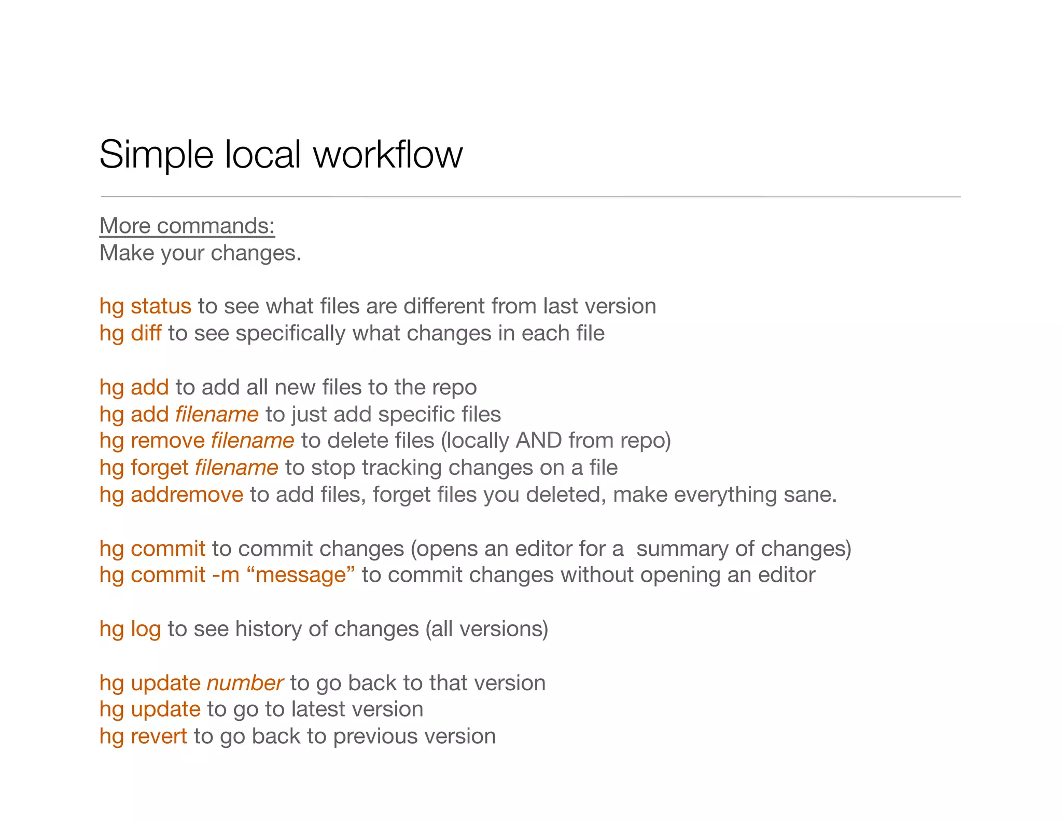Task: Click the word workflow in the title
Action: [388, 155]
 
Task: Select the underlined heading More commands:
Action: [187, 226]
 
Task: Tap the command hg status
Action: [145, 306]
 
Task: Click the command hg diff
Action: [130, 333]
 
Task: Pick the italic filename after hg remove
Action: [253, 441]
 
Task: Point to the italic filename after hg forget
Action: [236, 468]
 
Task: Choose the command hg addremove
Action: [171, 495]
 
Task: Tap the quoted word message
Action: [301, 575]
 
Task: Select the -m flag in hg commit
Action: [226, 575]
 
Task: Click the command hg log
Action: [130, 629]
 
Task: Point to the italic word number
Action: [245, 683]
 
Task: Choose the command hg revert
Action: [143, 736]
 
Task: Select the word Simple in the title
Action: [156, 155]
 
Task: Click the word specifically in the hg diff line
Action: [290, 333]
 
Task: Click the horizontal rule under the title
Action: [530, 197]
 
